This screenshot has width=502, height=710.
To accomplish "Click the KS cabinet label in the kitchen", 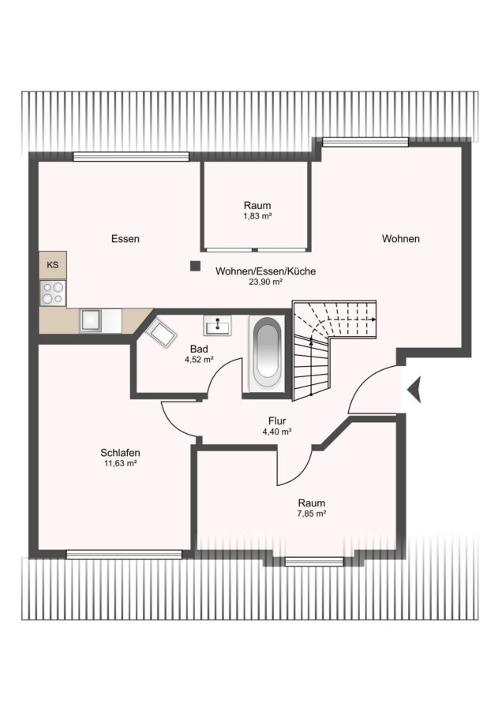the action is [53, 265].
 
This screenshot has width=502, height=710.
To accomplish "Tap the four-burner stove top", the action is [53, 293].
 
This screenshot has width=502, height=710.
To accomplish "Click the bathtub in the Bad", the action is [267, 353].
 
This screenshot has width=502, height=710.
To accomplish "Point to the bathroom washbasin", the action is [217, 326].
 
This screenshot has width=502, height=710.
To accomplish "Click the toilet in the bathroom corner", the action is [160, 332].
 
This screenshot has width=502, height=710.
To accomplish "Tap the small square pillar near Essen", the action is [195, 267].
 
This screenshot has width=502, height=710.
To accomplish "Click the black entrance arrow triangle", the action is [414, 390].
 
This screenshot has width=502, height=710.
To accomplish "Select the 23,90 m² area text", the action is [266, 282].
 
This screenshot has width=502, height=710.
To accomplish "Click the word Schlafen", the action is [120, 452].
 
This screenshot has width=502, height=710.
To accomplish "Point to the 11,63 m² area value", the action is [120, 463].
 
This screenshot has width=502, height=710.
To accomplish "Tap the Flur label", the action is [277, 421].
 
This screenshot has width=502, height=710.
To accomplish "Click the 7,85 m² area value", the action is [312, 514].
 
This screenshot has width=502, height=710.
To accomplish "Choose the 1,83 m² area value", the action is [257, 216].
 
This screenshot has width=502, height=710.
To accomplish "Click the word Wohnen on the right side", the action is [400, 238].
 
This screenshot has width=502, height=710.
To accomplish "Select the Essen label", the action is [126, 238].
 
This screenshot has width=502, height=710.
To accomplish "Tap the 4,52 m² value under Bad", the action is [199, 360].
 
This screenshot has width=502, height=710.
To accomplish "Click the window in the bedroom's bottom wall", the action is [124, 555].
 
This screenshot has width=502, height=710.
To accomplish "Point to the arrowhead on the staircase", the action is [373, 319].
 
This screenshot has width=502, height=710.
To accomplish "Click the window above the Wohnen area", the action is [365, 142].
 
